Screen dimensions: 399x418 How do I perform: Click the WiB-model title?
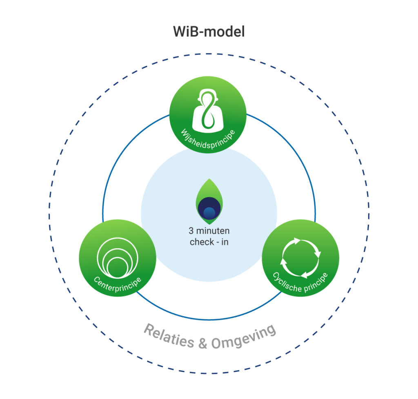[209, 31]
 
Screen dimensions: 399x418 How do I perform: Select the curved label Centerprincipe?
[118, 282]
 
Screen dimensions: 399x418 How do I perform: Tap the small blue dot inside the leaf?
[209, 212]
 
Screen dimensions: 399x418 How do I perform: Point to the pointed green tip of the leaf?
[209, 180]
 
